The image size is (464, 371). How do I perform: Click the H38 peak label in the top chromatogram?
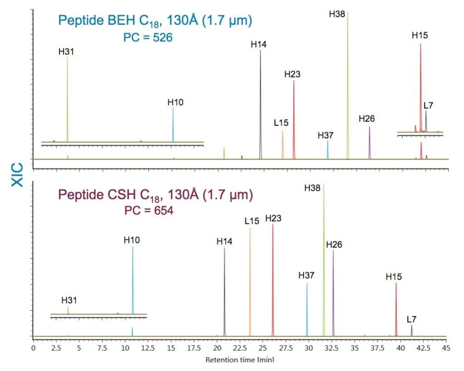point(337,14)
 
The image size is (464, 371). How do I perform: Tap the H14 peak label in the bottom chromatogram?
point(224,241)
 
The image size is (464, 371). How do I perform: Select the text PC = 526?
point(148,38)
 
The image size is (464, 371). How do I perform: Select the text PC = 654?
point(149,211)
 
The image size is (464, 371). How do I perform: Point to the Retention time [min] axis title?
point(240,360)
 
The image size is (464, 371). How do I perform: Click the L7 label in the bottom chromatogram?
point(411,319)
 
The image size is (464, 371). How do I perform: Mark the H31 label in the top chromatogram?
point(66,52)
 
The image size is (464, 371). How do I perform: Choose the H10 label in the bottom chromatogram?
point(132,240)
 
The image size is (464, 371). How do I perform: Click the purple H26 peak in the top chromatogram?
point(369,143)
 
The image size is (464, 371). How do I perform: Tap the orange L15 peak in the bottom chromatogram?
point(250,281)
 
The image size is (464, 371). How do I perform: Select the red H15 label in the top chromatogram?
point(420,35)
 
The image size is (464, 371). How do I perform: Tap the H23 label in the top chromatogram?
point(293,74)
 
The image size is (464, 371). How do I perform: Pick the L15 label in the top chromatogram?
point(281,122)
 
